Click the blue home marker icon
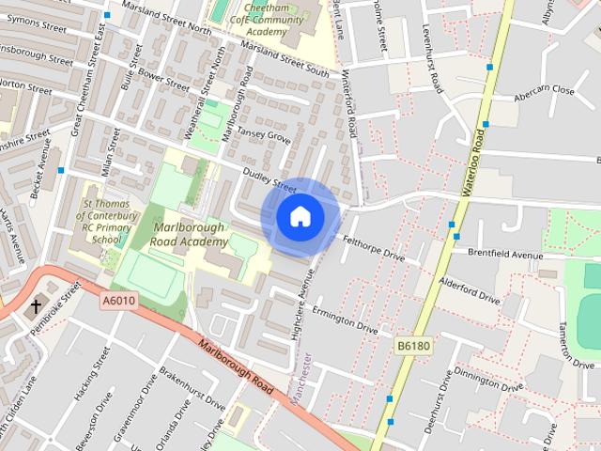[300, 216]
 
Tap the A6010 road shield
[119, 301]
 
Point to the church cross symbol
[37, 306]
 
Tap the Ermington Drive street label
[346, 321]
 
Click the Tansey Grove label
[264, 136]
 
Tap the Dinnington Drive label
[487, 379]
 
